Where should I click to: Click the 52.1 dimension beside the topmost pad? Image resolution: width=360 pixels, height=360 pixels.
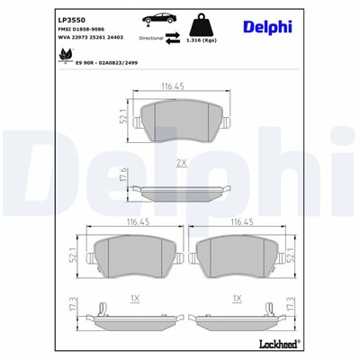click(122, 117)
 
